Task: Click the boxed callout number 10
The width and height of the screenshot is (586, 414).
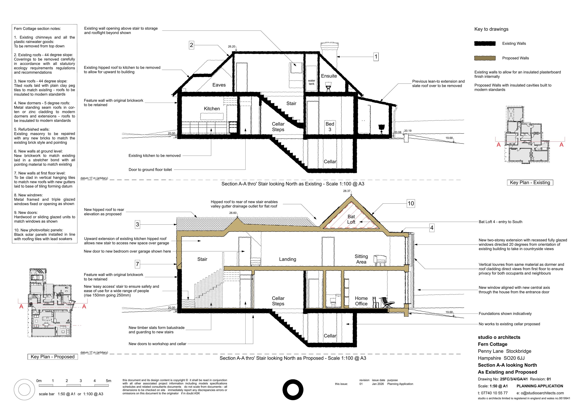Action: coord(411,203)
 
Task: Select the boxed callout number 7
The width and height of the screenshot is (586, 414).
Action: coord(137,264)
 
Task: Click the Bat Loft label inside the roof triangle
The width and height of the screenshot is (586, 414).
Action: coord(351,219)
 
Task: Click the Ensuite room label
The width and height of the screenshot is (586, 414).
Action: coord(329,76)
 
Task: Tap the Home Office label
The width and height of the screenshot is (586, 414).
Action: coord(361,301)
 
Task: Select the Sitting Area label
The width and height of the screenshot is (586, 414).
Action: coord(361,259)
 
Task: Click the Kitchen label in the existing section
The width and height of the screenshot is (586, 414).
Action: coord(212,108)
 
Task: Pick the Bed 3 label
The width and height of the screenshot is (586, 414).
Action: coord(330,127)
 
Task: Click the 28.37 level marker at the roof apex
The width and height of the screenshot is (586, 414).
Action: coord(347,191)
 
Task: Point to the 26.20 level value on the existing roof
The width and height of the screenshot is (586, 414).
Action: coord(231,47)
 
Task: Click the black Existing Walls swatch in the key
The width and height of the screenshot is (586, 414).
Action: coord(485,44)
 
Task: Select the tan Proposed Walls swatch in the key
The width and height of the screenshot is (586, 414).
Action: coord(485,58)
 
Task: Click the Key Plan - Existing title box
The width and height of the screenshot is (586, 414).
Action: coord(530,182)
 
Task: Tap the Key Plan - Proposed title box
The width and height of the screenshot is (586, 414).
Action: coord(53,357)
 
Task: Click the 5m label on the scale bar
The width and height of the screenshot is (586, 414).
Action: coord(108,381)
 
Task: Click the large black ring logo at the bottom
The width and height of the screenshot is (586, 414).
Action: coord(293,390)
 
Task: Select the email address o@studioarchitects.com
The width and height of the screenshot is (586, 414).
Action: coord(540,393)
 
